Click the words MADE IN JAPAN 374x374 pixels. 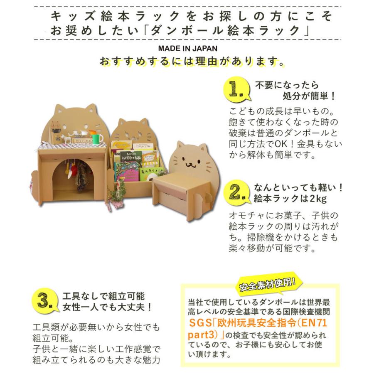[x=187, y=49]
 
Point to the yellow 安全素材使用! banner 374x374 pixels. [x=267, y=284]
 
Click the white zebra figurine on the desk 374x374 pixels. [x=66, y=138]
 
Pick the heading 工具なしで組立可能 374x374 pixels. [x=103, y=296]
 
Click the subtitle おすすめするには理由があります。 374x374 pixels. [x=192, y=62]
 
